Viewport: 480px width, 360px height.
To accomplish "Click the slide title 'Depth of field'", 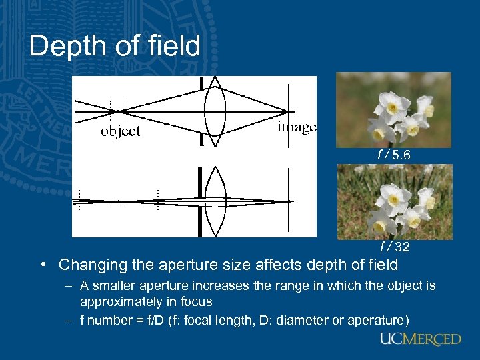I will click(x=115, y=46).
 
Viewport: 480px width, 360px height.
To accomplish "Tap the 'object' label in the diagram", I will click(x=121, y=131).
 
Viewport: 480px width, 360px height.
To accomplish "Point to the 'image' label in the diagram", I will click(x=297, y=127).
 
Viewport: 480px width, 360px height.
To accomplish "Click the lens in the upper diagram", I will click(x=215, y=110).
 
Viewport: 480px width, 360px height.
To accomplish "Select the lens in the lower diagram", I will click(x=215, y=201).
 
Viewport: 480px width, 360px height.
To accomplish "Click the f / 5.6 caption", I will click(x=394, y=155).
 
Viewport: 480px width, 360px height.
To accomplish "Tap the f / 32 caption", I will click(x=394, y=247).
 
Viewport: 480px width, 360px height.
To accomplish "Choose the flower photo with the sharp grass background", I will click(x=394, y=202).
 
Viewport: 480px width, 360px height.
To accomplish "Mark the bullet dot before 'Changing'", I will click(x=42, y=265).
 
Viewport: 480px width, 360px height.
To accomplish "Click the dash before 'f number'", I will click(x=68, y=320).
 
